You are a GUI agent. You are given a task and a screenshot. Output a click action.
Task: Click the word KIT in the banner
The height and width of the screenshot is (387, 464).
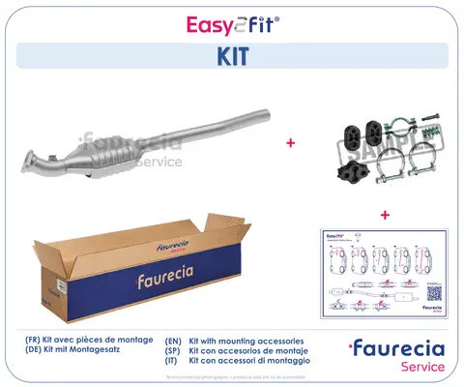point(231,56)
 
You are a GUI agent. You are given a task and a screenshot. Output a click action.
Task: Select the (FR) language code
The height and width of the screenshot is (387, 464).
point(34,342)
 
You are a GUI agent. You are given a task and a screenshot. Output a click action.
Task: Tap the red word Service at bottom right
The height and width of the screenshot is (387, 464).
point(421,367)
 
